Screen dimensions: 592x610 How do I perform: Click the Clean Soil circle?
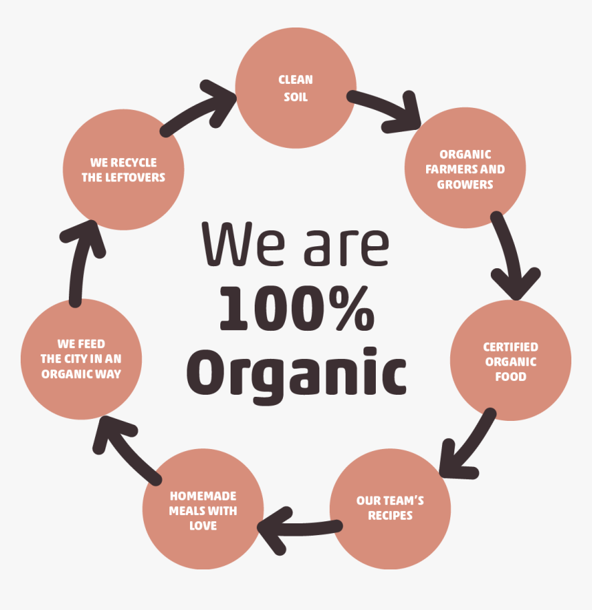pyautogui.click(x=295, y=88)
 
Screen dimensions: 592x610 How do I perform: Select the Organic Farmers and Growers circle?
pyautogui.click(x=465, y=168)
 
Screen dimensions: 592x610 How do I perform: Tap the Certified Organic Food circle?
pyautogui.click(x=511, y=360)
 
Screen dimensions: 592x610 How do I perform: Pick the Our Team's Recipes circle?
pyautogui.click(x=390, y=509)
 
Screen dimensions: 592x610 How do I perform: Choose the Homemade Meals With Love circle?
pyautogui.click(x=203, y=509)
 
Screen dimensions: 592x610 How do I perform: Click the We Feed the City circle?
pyautogui.click(x=81, y=359)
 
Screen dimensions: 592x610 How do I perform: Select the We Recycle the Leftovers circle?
pyautogui.click(x=123, y=170)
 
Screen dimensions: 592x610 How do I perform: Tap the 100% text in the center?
pyautogui.click(x=297, y=308)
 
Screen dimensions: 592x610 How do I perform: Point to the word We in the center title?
pyautogui.click(x=243, y=244)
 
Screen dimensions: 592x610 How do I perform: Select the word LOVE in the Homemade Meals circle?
pyautogui.click(x=203, y=525)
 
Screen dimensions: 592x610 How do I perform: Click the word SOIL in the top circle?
pyautogui.click(x=295, y=97)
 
